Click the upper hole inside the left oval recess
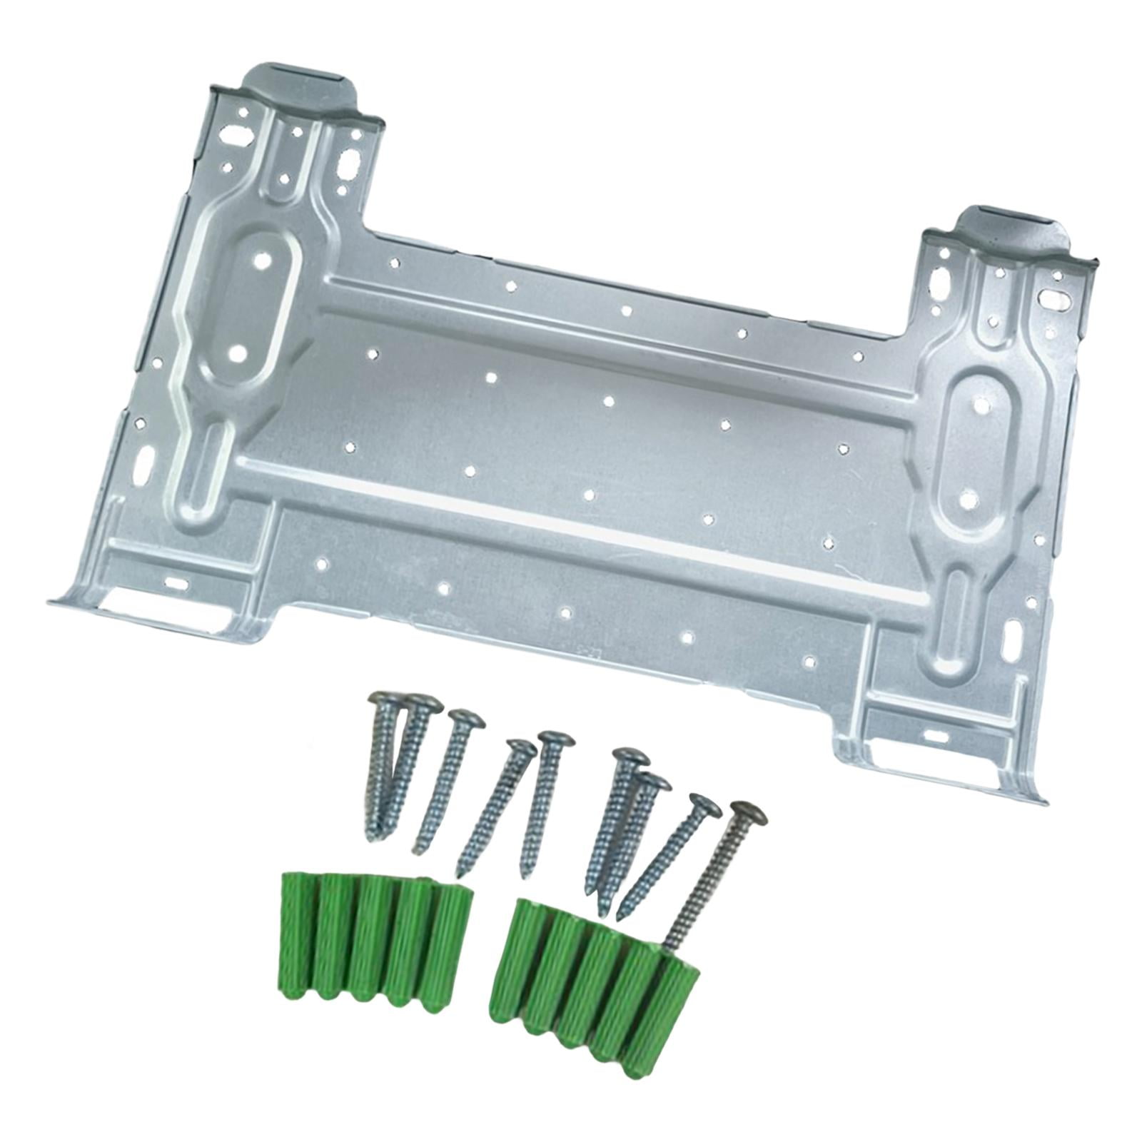[x=264, y=262]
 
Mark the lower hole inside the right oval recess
[x=966, y=500]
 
